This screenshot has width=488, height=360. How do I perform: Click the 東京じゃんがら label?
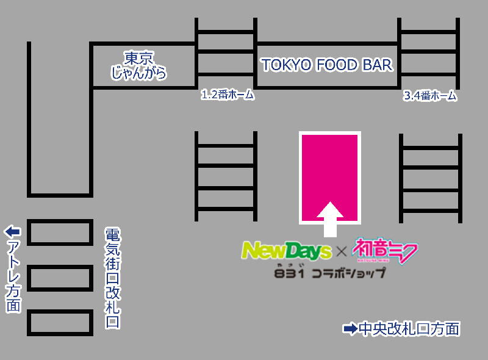click(x=139, y=66)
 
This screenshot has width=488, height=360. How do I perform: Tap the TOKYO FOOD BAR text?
click(x=327, y=65)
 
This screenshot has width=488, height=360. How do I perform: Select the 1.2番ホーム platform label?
click(x=227, y=95)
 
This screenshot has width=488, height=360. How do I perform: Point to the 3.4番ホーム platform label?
click(x=430, y=96)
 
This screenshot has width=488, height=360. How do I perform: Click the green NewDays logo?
click(x=286, y=250)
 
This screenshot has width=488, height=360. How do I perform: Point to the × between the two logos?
click(x=342, y=250)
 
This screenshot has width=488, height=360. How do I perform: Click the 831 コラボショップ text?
click(x=330, y=272)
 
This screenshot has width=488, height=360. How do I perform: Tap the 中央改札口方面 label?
click(x=409, y=329)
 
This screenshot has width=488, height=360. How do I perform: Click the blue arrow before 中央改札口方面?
click(x=350, y=329)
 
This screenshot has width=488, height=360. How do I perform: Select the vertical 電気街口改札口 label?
click(x=112, y=278)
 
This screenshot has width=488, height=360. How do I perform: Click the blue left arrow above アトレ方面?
click(x=13, y=232)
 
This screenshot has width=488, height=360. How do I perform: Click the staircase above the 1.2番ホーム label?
click(x=225, y=54)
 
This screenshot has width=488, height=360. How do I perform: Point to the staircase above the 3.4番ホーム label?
click(x=429, y=54)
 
